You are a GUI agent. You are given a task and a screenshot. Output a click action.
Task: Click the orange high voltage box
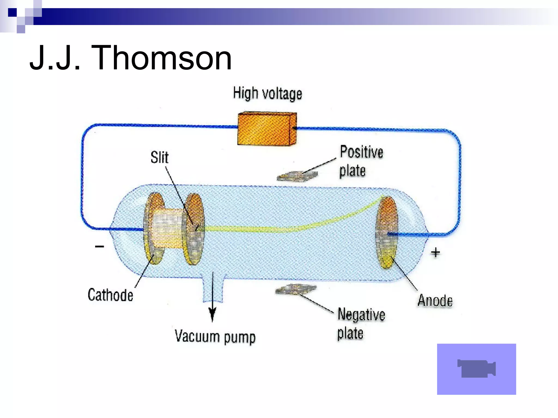266,128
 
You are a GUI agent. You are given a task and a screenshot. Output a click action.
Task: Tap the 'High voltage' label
267,94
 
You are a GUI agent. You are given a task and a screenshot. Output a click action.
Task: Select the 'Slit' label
159,158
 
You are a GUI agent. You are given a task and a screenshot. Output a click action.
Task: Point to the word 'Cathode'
110,295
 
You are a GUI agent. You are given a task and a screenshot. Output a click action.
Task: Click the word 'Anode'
435,301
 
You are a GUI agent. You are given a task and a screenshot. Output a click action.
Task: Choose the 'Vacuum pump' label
215,337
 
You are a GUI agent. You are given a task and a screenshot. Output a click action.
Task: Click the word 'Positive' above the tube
362,152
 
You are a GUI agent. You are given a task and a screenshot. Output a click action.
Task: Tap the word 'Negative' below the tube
361,315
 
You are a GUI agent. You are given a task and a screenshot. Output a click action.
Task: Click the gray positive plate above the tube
297,176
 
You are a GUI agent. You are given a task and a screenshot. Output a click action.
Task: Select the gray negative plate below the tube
296,289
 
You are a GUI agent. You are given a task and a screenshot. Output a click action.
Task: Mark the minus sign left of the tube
99,247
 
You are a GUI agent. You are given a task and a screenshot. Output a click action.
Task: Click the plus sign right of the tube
435,253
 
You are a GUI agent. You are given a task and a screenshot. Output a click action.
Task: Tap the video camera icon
476,369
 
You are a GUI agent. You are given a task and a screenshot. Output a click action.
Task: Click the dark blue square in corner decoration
12,13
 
